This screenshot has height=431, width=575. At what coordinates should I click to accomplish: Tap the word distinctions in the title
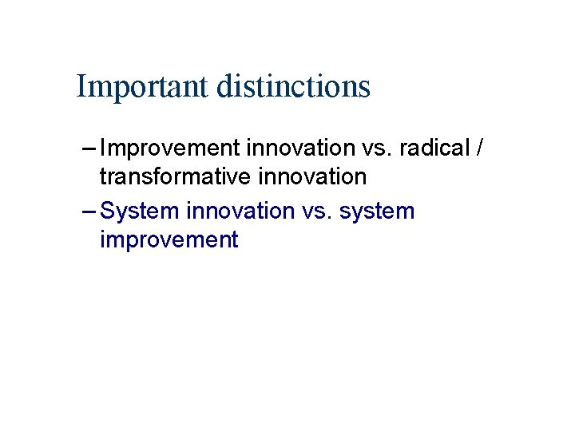293,86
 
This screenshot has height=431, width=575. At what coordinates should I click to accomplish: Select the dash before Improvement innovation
89,148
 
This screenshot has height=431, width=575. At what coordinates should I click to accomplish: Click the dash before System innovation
89,211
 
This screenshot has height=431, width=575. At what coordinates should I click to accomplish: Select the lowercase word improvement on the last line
169,239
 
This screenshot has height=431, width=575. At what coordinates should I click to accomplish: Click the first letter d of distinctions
223,86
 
